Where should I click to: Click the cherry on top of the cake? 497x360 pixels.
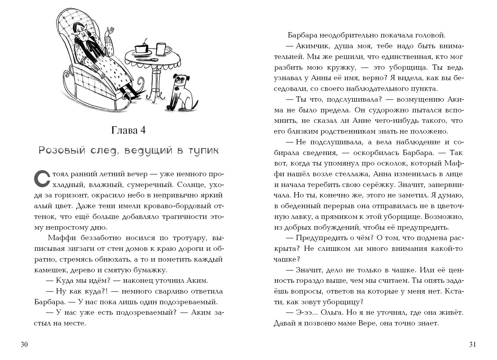[x=145, y=40]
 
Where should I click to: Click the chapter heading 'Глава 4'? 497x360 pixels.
[x=128, y=130]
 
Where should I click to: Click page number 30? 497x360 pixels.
[x=24, y=345]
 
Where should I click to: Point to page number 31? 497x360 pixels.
[x=472, y=345]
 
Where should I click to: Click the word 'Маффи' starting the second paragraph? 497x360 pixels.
[x=62, y=238]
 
